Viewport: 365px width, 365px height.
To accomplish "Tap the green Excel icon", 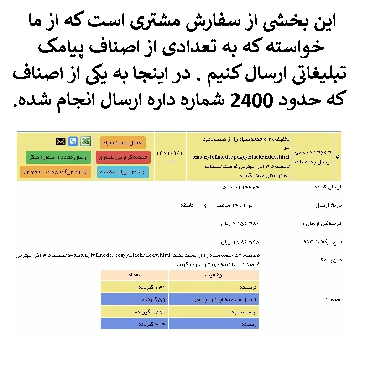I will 86,141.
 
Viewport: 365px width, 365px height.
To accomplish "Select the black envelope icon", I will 61,141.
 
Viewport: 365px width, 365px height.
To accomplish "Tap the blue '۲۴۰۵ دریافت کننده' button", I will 123,172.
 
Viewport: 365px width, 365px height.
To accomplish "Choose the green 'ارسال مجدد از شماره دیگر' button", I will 58,157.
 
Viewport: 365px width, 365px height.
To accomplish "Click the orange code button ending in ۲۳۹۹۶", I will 56,172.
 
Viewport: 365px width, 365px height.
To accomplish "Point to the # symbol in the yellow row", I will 337,157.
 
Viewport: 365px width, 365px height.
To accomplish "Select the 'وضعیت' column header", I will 214,275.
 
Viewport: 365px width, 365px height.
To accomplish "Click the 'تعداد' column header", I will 135,275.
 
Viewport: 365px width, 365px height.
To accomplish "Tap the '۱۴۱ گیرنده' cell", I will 151,287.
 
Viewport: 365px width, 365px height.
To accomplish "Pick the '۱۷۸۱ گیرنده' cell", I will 150,312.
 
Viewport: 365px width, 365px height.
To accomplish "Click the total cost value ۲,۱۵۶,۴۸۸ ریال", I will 240,224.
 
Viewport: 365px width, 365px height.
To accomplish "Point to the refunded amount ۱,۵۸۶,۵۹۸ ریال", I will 240,241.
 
